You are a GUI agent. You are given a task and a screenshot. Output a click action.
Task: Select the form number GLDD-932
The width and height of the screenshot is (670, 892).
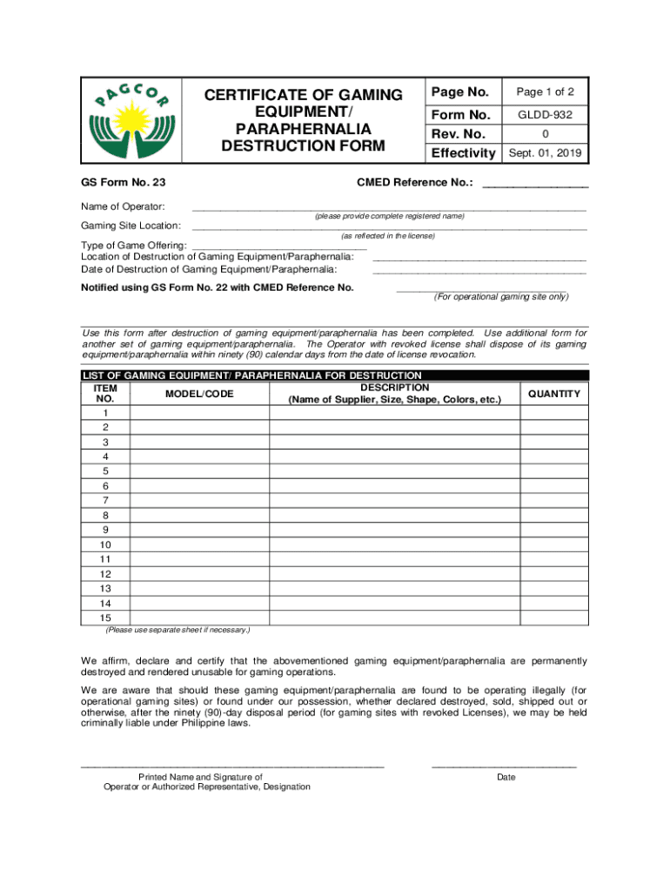point(548,115)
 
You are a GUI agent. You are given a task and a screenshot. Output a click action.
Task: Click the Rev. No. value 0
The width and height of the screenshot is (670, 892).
point(548,134)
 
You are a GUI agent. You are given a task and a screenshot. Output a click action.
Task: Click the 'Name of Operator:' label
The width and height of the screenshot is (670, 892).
point(123,206)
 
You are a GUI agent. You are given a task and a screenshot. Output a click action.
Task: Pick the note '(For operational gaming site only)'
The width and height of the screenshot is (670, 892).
point(501,297)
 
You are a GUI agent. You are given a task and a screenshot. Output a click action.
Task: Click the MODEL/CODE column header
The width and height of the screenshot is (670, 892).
point(199,395)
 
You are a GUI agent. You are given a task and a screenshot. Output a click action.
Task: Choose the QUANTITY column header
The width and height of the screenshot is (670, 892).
point(553,395)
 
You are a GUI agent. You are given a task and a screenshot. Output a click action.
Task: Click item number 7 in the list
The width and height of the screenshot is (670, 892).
point(105,500)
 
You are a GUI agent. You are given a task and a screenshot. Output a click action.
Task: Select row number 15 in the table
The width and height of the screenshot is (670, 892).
point(105,618)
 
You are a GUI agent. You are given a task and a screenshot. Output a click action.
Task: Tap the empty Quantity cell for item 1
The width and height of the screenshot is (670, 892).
point(553,413)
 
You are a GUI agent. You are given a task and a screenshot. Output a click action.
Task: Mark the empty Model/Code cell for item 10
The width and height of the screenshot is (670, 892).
point(199,544)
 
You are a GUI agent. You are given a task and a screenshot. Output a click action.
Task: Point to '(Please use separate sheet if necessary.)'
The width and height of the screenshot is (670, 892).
point(178,630)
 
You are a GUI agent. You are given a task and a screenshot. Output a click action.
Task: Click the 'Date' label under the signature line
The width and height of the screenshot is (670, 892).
point(506,777)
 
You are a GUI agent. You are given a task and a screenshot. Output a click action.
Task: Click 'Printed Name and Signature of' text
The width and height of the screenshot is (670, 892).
point(200,777)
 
